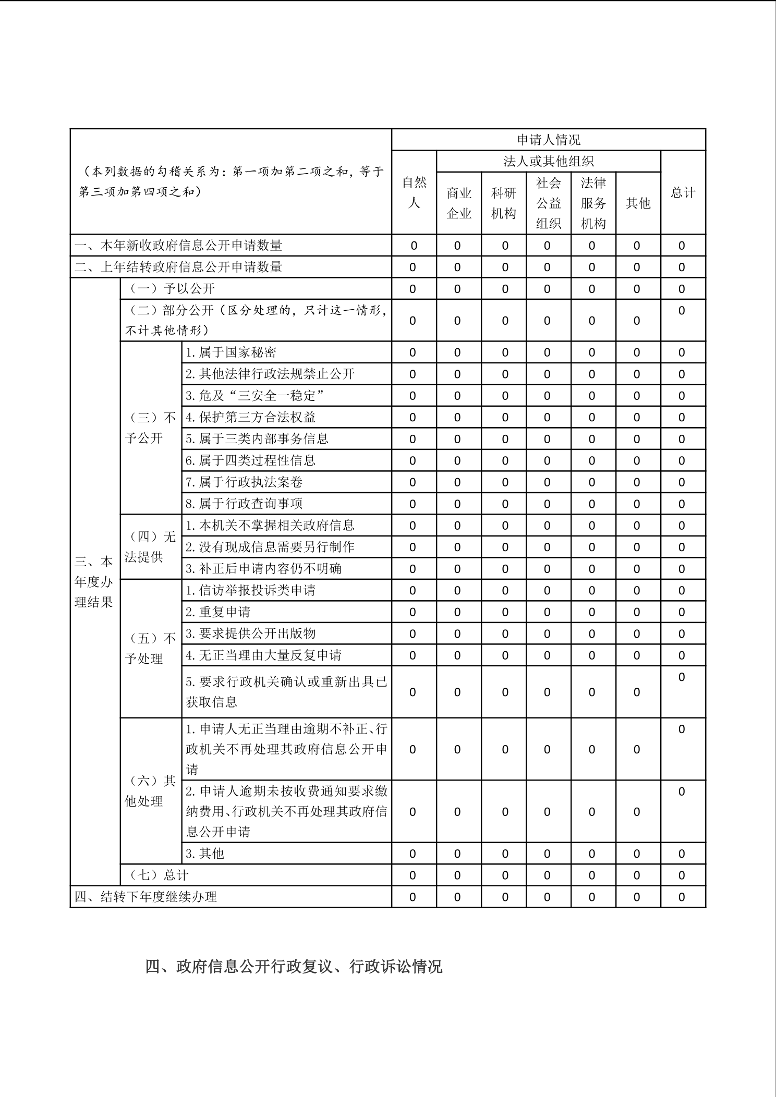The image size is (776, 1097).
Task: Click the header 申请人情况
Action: click(x=548, y=140)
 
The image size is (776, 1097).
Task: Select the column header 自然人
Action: click(x=414, y=192)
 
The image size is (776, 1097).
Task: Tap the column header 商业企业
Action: click(x=459, y=203)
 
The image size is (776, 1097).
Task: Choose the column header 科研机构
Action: click(x=504, y=203)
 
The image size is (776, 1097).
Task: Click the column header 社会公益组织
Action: click(x=549, y=203)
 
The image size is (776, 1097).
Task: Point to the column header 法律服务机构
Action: click(x=593, y=203)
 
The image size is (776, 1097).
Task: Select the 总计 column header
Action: click(x=683, y=192)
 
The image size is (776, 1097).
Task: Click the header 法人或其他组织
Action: click(x=548, y=161)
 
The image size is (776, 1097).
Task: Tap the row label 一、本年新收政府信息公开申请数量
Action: click(x=178, y=245)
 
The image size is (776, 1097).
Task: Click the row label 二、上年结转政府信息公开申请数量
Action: click(x=178, y=267)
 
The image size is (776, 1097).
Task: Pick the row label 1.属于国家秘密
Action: click(x=231, y=352)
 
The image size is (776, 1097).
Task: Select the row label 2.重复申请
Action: click(x=218, y=612)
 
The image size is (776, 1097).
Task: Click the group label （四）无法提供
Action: click(x=150, y=547)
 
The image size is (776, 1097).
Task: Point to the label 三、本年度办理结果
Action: click(x=94, y=582)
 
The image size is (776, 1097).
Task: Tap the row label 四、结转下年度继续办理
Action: click(x=145, y=897)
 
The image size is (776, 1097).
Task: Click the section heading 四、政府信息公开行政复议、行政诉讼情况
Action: click(x=294, y=967)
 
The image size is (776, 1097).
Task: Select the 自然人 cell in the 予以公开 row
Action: click(x=413, y=289)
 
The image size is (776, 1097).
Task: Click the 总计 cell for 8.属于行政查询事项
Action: click(x=682, y=504)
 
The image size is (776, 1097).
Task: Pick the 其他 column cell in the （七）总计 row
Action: click(x=637, y=875)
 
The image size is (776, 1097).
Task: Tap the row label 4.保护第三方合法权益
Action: click(x=250, y=417)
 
